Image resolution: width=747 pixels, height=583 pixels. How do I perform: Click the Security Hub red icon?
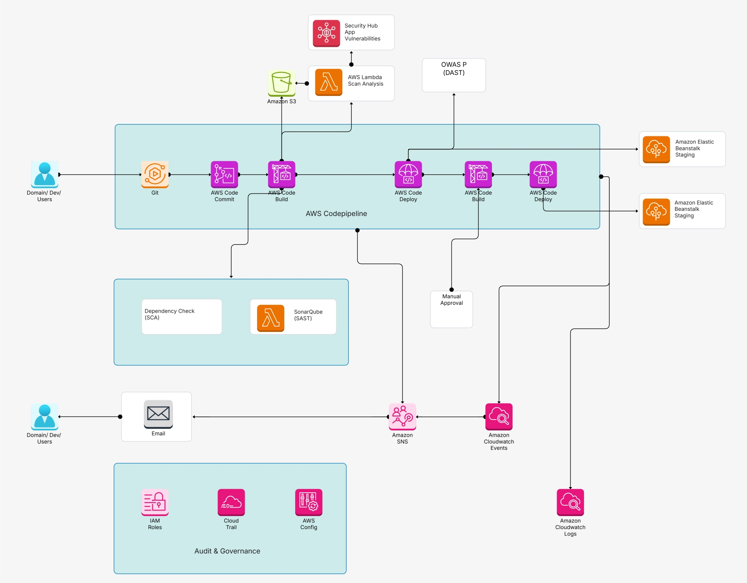pos(326,33)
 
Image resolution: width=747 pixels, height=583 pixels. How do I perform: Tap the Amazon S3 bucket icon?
pos(281,82)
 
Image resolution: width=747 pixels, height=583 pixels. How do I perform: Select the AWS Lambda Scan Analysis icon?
pos(328,82)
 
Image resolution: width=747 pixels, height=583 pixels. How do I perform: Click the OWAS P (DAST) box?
pos(453,75)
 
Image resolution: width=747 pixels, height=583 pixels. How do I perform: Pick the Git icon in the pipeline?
pos(155,174)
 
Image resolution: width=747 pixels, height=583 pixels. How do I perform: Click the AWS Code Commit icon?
pos(224,174)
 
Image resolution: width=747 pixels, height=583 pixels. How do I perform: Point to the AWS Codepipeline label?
pos(336,214)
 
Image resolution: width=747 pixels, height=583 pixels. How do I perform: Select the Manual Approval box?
pos(451,309)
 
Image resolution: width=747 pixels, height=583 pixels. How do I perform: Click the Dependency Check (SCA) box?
pos(181,317)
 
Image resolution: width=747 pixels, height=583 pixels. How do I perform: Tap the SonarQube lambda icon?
pos(271,318)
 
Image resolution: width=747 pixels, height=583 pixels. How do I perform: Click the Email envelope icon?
pos(158,414)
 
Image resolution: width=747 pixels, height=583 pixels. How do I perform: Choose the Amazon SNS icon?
pos(402,416)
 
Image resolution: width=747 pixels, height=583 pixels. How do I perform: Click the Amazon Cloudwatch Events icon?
pos(499,416)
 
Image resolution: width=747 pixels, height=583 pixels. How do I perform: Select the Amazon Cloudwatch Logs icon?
pos(570,502)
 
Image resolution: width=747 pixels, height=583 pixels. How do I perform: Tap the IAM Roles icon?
pos(155,502)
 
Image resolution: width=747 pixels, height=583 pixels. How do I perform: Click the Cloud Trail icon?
pos(231,502)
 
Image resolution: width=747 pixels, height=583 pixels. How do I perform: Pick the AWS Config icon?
pos(308,502)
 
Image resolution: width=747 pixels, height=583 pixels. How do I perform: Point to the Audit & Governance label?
pos(227,551)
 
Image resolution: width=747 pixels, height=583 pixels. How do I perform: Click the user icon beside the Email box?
pos(44,416)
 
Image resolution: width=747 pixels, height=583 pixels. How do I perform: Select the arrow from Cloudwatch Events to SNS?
pos(450,417)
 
